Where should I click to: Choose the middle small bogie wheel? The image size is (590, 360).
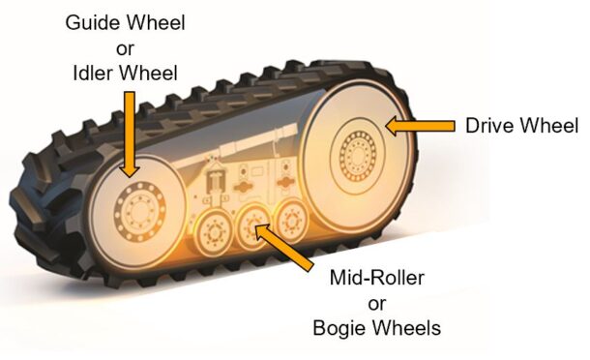[x=254, y=226]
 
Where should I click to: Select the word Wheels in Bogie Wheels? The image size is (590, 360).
[x=407, y=329]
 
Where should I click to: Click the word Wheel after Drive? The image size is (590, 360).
[x=549, y=126]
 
